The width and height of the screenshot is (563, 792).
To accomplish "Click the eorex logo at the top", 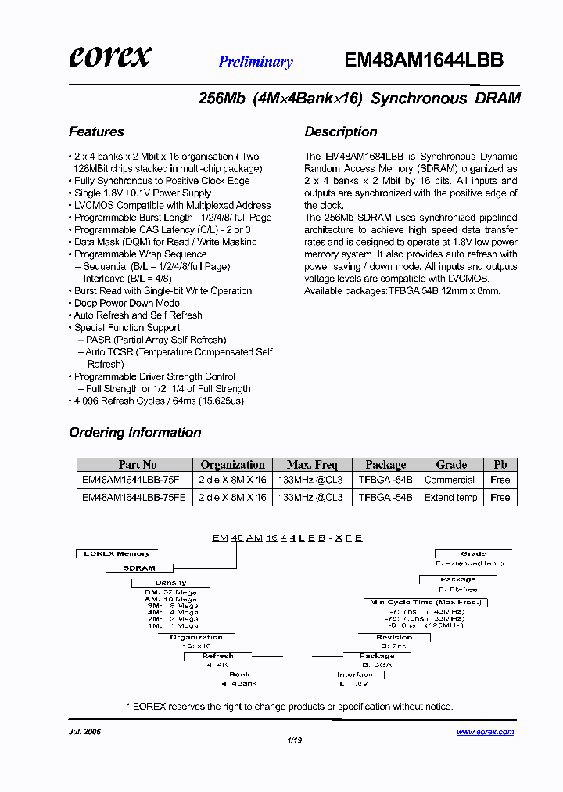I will click(x=110, y=56).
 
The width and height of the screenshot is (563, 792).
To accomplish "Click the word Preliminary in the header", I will click(x=256, y=63).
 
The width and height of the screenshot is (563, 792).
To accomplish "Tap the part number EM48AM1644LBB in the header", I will click(x=424, y=60).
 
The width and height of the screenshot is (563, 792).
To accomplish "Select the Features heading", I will click(x=96, y=131).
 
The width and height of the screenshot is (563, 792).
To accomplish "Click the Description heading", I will click(x=341, y=131).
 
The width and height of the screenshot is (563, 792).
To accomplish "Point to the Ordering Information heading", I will click(x=135, y=432).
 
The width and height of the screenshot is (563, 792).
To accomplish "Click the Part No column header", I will click(x=138, y=464).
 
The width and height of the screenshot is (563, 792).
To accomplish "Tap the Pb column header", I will click(x=500, y=464).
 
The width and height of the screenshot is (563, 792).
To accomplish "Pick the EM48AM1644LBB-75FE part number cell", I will click(x=134, y=497).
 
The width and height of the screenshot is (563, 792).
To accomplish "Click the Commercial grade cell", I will click(x=450, y=480).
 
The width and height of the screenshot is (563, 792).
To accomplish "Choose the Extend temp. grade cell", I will click(x=452, y=497).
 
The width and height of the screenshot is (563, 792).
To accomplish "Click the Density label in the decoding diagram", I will click(x=170, y=582).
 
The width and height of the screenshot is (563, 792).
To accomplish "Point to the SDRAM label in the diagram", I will click(x=140, y=568).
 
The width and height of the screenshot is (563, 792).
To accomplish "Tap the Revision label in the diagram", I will click(x=394, y=637).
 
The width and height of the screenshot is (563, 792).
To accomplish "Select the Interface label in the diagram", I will click(x=355, y=674).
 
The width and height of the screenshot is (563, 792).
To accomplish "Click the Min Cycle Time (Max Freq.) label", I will click(x=426, y=602).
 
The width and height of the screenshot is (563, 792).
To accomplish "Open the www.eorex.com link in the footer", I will click(x=485, y=733).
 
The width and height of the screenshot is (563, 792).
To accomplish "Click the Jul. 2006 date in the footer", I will click(x=85, y=733).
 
